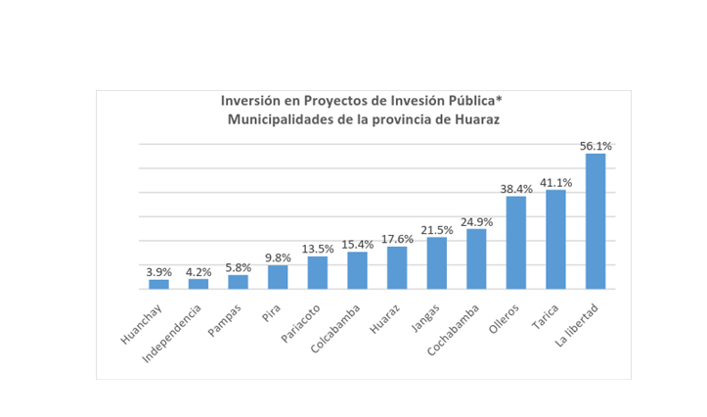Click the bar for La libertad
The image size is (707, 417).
(x=596, y=221)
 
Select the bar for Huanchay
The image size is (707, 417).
(x=158, y=284)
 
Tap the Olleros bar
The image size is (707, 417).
(x=515, y=243)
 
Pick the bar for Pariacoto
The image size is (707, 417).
(x=318, y=273)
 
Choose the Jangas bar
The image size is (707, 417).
(x=436, y=263)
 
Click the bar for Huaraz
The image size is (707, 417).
(x=397, y=267)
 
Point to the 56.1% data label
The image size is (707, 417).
(x=596, y=146)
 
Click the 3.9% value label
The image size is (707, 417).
(x=158, y=272)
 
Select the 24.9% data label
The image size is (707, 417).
(x=476, y=221)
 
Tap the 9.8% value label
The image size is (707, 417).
(x=278, y=257)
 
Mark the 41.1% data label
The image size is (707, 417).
(x=555, y=182)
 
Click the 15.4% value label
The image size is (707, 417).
(x=357, y=244)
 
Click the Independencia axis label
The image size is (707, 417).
(x=175, y=332)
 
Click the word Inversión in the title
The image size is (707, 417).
(x=249, y=101)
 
